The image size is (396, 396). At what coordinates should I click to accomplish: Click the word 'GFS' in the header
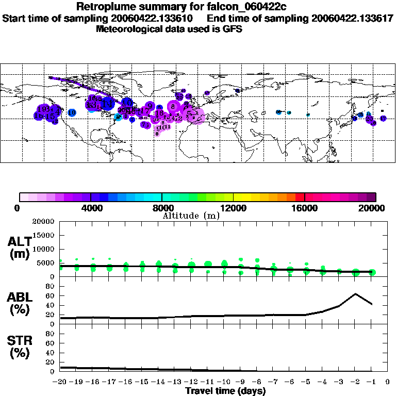point(232,29)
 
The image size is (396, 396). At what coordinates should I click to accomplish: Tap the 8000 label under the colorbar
point(161,208)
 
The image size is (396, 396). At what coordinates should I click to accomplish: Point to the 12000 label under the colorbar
point(233,208)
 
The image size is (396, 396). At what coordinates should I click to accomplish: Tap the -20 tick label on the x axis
point(60,382)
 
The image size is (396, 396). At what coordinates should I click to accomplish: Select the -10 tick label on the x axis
point(224,382)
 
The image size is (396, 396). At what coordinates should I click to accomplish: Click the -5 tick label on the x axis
point(306,382)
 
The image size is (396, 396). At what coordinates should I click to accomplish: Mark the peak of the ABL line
point(355,294)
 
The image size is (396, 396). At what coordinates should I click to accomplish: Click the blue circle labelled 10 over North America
point(72,112)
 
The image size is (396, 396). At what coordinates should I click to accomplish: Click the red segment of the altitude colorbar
point(299,197)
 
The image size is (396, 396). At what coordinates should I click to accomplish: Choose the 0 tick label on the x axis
point(388,382)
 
